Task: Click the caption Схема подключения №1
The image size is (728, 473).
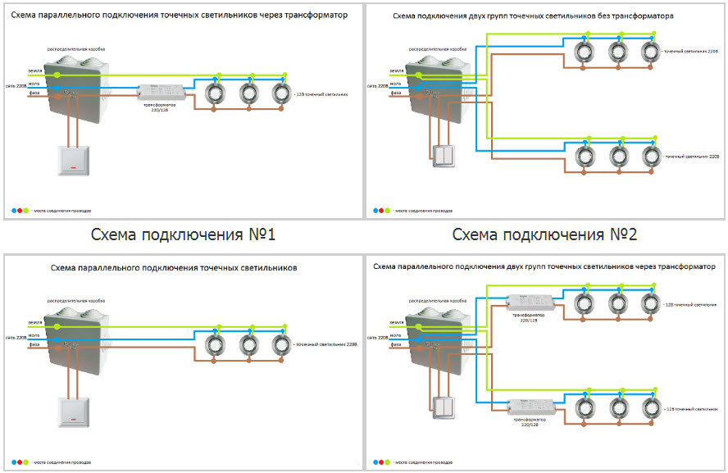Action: tap(183, 235)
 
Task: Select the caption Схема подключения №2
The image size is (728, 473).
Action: tap(544, 235)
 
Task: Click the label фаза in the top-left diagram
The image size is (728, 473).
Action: tap(33, 95)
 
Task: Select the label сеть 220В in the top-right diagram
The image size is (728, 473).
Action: tap(377, 86)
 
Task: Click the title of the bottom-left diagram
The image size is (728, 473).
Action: tap(174, 268)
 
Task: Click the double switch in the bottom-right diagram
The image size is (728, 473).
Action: tap(444, 407)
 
